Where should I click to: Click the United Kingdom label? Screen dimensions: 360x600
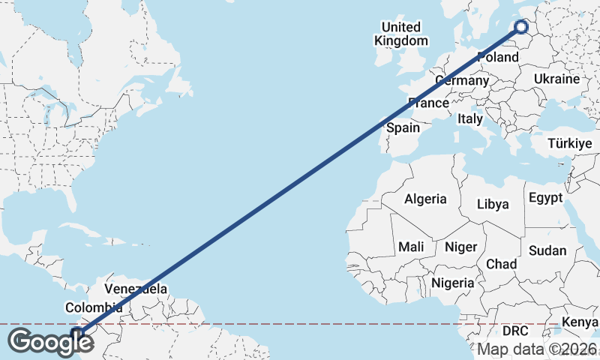pyautogui.click(x=402, y=34)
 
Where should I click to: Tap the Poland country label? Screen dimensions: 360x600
pyautogui.click(x=497, y=57)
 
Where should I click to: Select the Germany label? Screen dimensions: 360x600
pyautogui.click(x=461, y=80)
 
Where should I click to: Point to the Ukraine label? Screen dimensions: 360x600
pyautogui.click(x=557, y=79)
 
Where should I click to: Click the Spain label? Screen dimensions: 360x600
pyautogui.click(x=403, y=127)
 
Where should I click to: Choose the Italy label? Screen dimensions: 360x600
pyautogui.click(x=470, y=118)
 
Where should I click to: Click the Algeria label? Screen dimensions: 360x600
pyautogui.click(x=425, y=199)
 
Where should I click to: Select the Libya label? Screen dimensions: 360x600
pyautogui.click(x=493, y=204)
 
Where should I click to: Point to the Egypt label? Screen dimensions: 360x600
pyautogui.click(x=545, y=198)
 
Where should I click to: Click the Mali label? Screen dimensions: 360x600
pyautogui.click(x=411, y=246)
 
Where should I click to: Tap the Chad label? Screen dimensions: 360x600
pyautogui.click(x=501, y=264)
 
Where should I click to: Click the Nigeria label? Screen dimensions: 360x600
pyautogui.click(x=452, y=283)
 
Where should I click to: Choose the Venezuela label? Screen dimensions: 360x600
pyautogui.click(x=136, y=289)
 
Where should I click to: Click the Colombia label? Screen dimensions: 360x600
pyautogui.click(x=94, y=307)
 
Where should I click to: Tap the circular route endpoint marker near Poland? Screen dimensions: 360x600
pyautogui.click(x=522, y=28)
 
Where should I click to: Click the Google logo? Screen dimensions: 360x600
pyautogui.click(x=50, y=342)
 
